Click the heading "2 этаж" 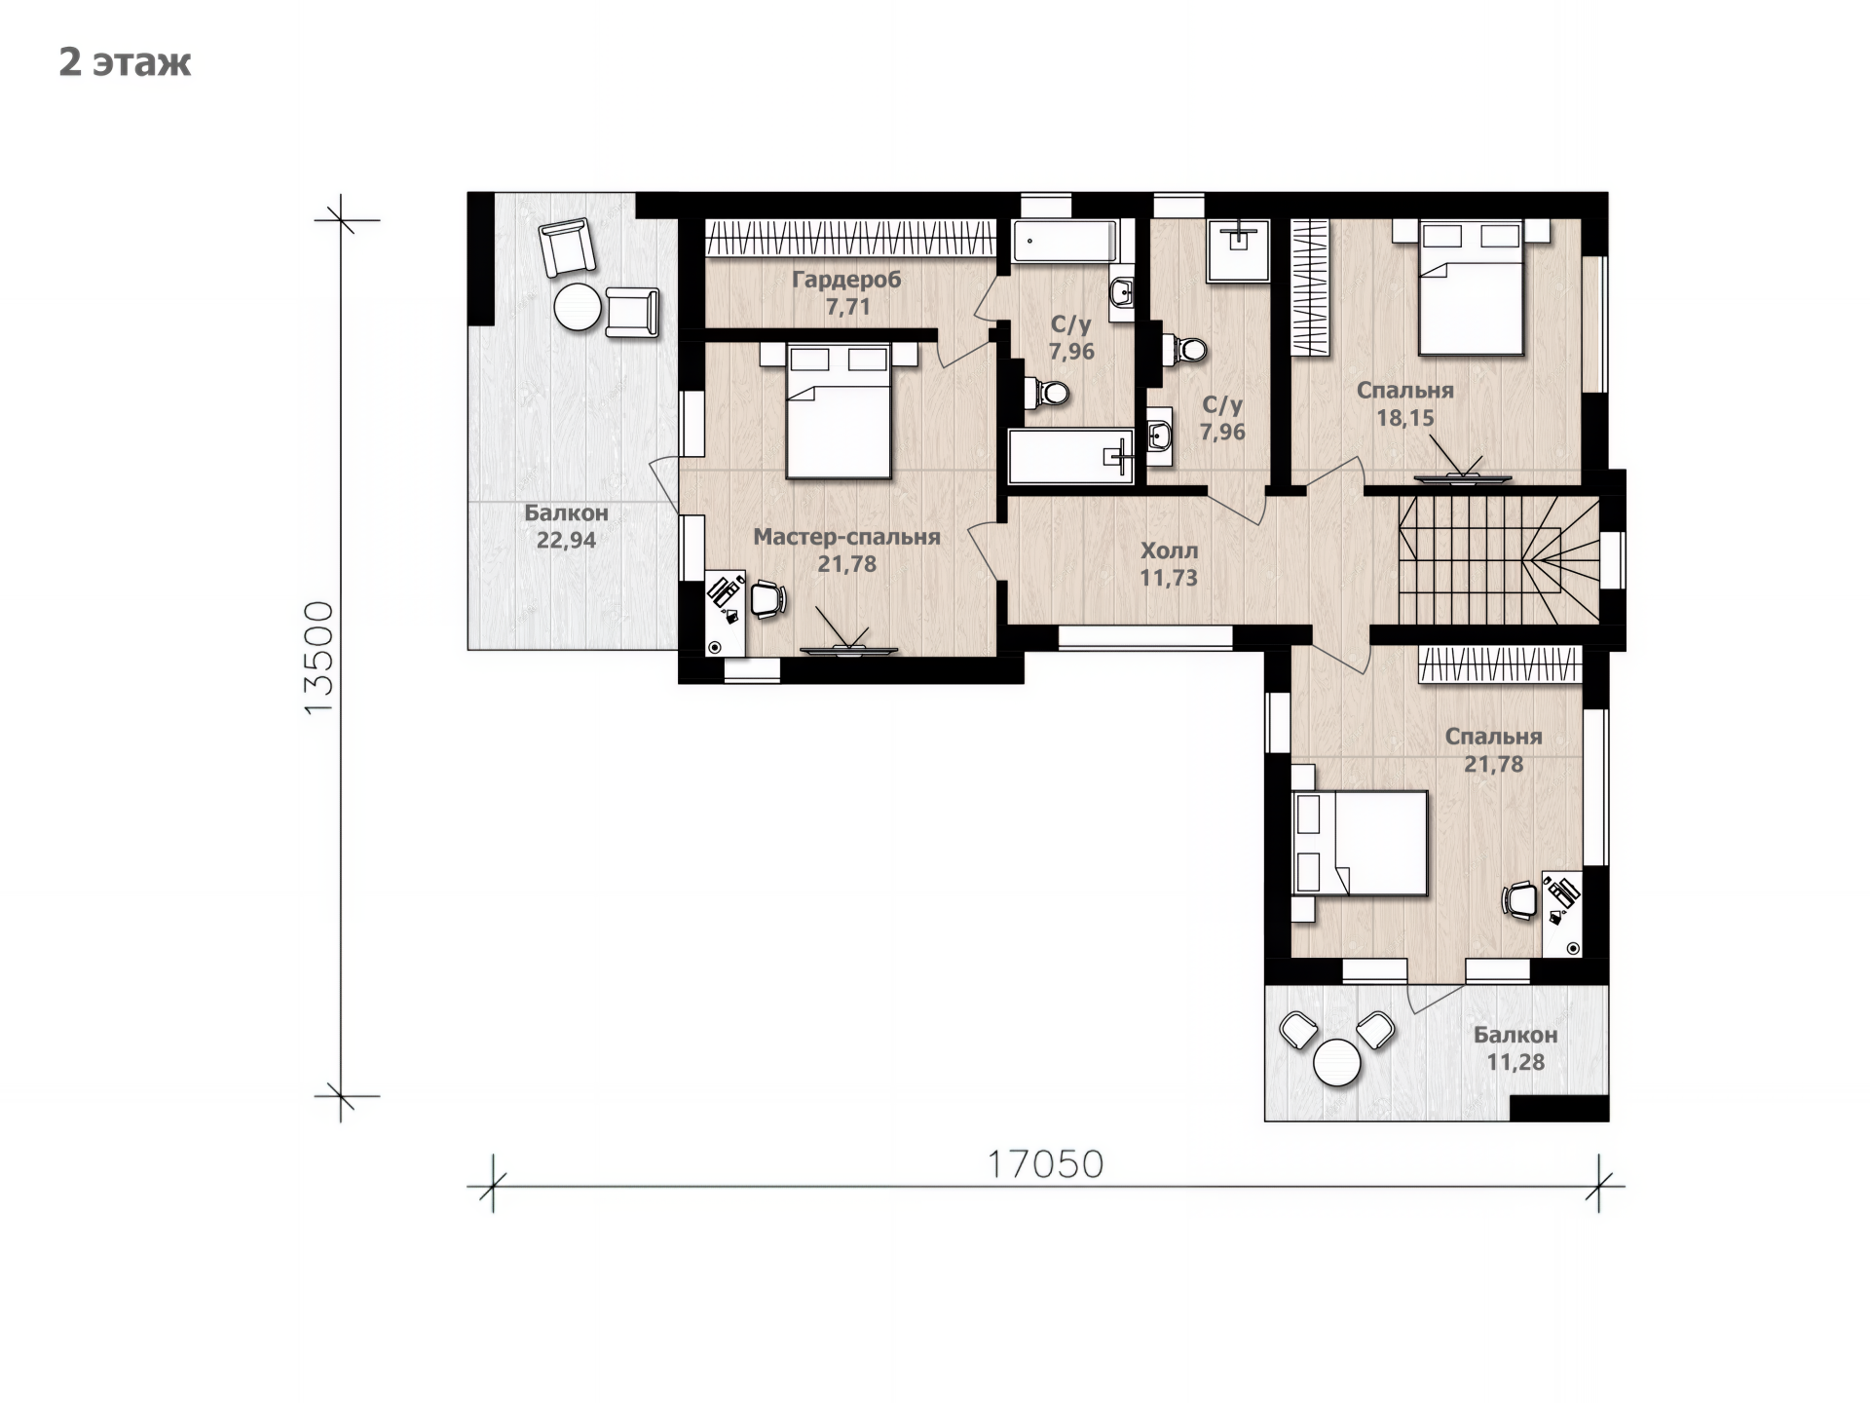point(125,62)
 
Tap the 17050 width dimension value point(1045,1164)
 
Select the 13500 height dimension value point(318,658)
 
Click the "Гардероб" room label point(846,281)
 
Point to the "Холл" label point(1169,550)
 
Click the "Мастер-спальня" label point(846,537)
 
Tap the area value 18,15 point(1404,418)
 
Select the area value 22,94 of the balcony point(566,540)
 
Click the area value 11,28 point(1515,1062)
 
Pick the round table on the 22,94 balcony point(579,307)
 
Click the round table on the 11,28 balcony point(1336,1062)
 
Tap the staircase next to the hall point(1499,559)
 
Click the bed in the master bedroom point(839,410)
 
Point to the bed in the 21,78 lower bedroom point(1360,843)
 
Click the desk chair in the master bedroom point(767,599)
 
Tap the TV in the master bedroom point(848,649)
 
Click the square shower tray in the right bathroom point(1239,250)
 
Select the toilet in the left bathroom point(1047,394)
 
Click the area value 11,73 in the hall point(1169,578)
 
